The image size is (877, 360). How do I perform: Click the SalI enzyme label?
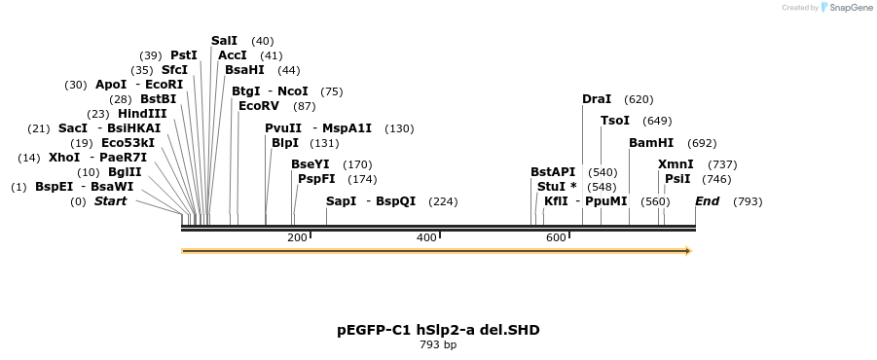click(224, 41)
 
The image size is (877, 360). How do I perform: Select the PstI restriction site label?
click(184, 55)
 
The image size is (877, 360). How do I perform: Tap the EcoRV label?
click(258, 106)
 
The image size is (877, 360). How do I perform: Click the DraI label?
click(597, 99)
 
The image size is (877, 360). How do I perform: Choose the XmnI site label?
click(676, 164)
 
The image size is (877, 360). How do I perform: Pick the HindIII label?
click(142, 114)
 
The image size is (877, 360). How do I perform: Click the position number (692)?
click(702, 143)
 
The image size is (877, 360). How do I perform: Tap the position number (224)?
click(443, 201)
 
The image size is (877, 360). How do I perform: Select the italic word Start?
click(110, 201)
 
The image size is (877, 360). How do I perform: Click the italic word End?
click(707, 201)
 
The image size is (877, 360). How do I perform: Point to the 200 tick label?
click(297, 238)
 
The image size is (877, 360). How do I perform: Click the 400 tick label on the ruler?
click(426, 238)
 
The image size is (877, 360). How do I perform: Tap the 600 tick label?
click(556, 238)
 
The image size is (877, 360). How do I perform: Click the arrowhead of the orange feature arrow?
click(687, 251)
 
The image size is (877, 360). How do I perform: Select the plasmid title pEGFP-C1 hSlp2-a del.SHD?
click(438, 330)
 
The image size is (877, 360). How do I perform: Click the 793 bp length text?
click(438, 345)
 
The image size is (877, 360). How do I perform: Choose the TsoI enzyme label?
click(615, 121)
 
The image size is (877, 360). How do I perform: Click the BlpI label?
click(285, 143)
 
